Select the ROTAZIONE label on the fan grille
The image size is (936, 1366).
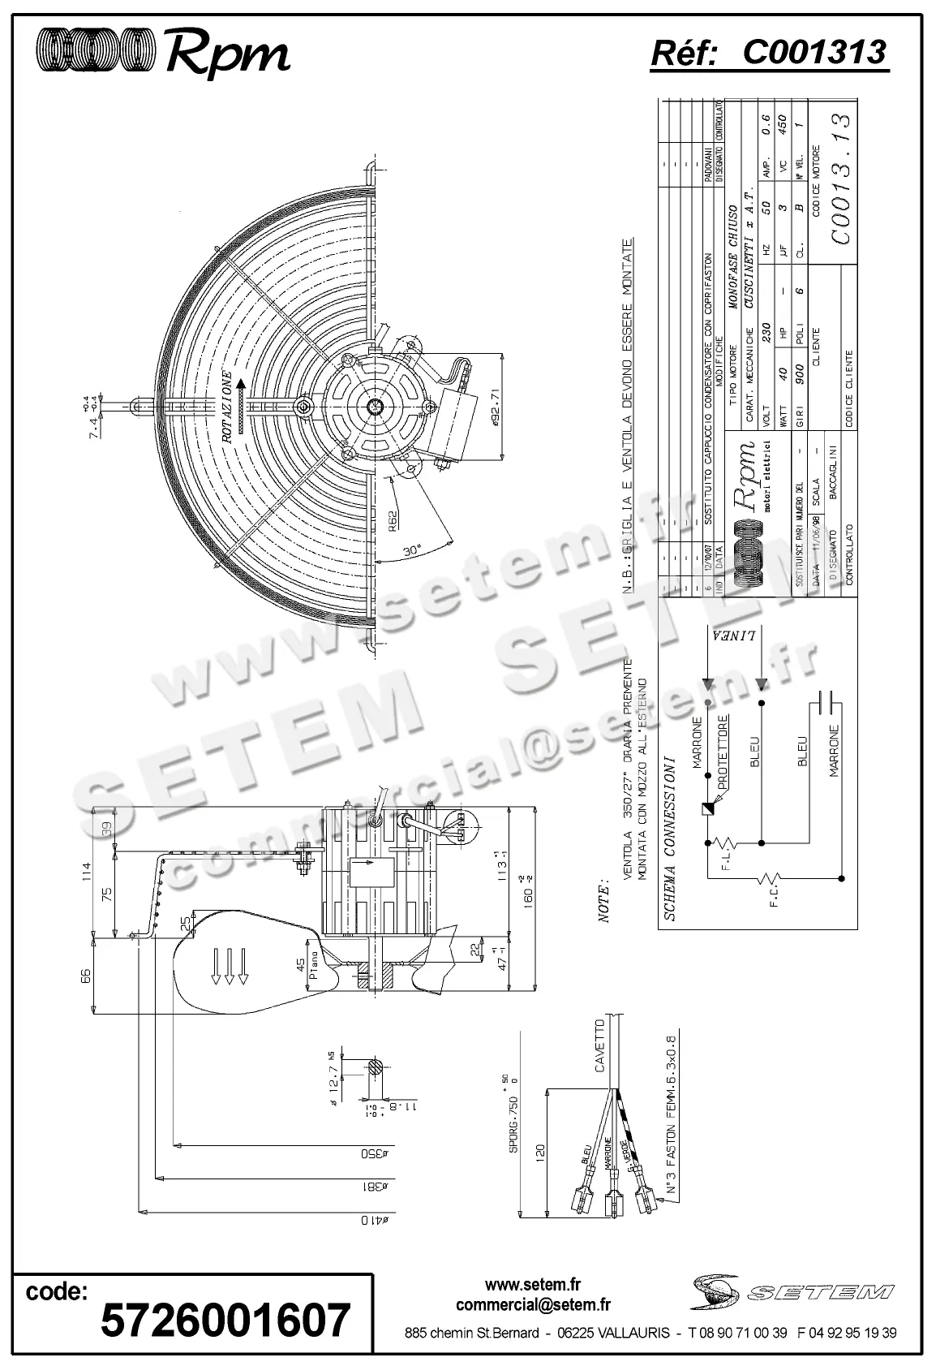[x=230, y=407]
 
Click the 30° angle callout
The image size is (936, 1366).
[x=414, y=552]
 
